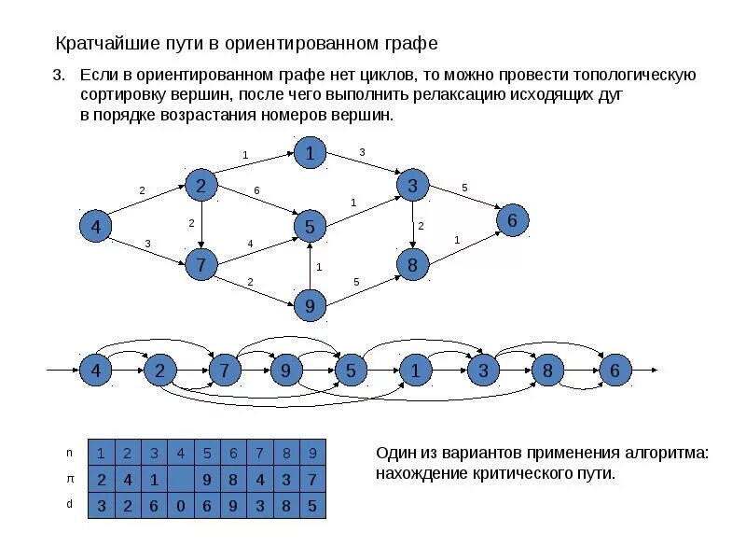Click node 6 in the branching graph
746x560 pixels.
pyautogui.click(x=513, y=220)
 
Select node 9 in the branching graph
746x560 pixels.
pyautogui.click(x=310, y=304)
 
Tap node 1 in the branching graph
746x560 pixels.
pyautogui.click(x=310, y=153)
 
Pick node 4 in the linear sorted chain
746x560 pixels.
pyautogui.click(x=95, y=371)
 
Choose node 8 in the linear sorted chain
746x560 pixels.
pyautogui.click(x=548, y=371)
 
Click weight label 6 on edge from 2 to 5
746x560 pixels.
pyautogui.click(x=256, y=191)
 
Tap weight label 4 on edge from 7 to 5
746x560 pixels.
pyautogui.click(x=250, y=244)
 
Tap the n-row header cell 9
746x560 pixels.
pyautogui.click(x=313, y=454)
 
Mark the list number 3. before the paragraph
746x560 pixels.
pyautogui.click(x=58, y=75)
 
